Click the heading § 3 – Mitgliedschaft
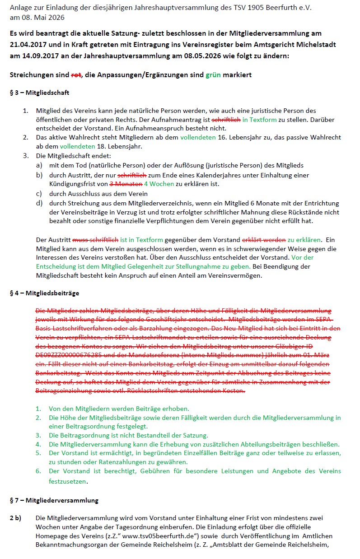coord(39,93)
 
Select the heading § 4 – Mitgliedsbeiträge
coord(44,293)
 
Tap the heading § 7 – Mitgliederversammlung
coord(54,500)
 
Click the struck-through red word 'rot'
coord(76,75)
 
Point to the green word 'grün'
coord(213,75)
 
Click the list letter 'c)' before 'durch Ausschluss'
coord(40,194)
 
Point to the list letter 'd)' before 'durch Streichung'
coord(40,203)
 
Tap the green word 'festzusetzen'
coord(67,481)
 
